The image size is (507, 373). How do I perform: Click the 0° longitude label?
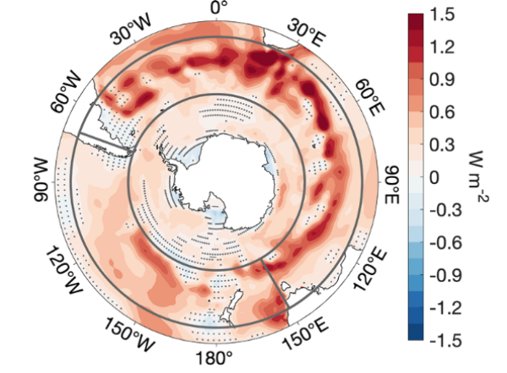(219, 8)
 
